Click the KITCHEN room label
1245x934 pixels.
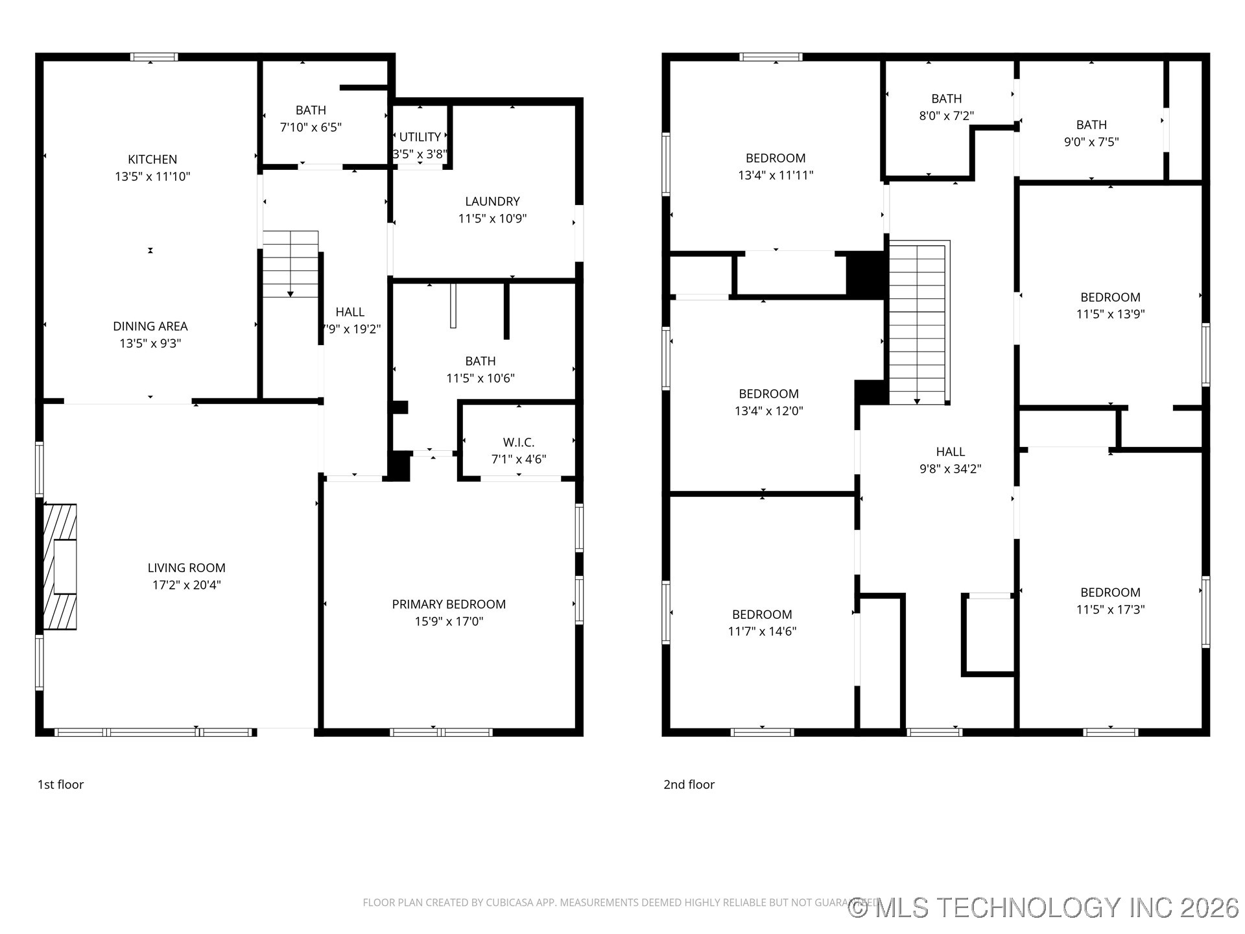[x=152, y=159]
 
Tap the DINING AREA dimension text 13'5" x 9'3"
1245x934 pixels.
[x=150, y=343]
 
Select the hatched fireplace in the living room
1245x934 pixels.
[x=60, y=566]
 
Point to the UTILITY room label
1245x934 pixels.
[x=420, y=137]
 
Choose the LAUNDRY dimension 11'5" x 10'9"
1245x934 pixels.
[x=492, y=219]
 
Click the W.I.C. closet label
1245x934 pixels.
[x=519, y=442]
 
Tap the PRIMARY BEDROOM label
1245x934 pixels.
[x=449, y=604]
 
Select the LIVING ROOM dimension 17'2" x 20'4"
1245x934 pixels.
[x=187, y=585]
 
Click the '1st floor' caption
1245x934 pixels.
[x=60, y=784]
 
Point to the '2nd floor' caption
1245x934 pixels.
[x=689, y=784]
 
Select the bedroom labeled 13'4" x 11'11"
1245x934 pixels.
[x=776, y=167]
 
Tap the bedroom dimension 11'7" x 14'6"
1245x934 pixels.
[x=762, y=631]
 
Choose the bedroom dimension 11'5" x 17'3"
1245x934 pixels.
[x=1110, y=609]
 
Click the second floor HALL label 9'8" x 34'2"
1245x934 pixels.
[x=950, y=460]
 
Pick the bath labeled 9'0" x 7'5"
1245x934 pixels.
[x=1091, y=133]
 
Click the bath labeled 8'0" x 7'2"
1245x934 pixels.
[x=946, y=107]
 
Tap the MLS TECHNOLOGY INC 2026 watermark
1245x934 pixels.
[x=1044, y=907]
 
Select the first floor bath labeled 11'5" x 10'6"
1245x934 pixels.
[x=480, y=370]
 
